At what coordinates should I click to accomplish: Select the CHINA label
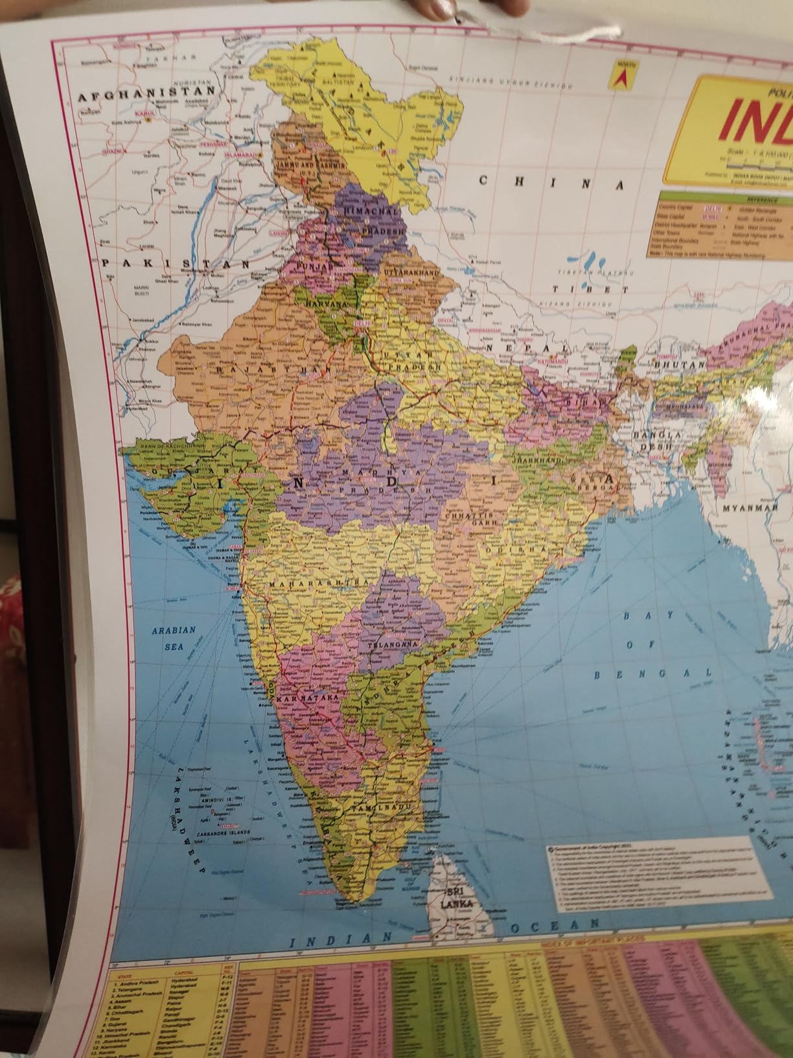551,182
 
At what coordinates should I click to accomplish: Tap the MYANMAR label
750,508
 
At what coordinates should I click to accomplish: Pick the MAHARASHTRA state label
315,584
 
